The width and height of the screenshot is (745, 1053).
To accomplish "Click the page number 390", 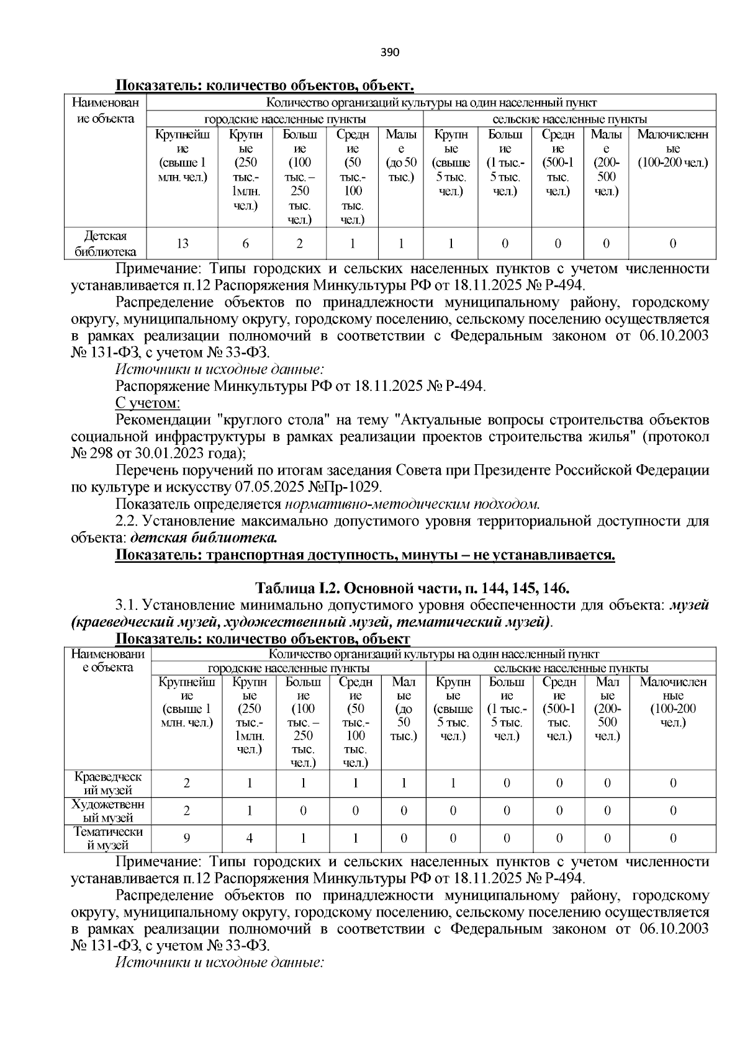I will point(390,52).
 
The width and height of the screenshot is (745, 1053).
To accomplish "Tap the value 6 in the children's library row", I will point(245,243).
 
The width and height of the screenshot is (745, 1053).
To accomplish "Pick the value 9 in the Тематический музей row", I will point(186,838).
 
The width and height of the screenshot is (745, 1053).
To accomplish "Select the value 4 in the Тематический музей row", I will point(250,838).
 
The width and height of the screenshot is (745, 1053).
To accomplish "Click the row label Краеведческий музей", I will point(108,784).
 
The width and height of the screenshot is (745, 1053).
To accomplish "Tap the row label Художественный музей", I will point(108,811).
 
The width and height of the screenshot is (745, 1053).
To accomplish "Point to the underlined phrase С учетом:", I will point(148,403).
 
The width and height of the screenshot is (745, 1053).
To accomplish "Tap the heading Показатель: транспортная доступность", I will point(365,554).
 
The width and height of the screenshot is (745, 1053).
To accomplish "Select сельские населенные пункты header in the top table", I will point(569,119).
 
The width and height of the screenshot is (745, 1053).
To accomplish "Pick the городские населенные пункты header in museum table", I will point(289,668).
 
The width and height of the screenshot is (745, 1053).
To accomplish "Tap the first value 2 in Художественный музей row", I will point(186,811).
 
